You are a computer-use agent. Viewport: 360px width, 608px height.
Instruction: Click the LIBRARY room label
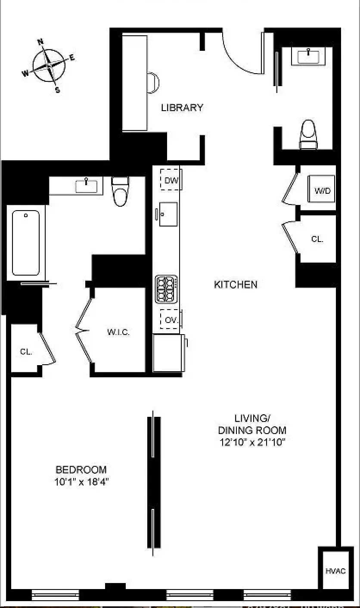pyautogui.click(x=182, y=108)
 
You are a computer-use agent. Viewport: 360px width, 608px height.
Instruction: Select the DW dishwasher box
pyautogui.click(x=171, y=180)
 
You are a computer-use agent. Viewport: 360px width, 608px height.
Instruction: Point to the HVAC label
pyautogui.click(x=335, y=571)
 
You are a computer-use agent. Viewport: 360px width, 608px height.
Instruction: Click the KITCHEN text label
pyautogui.click(x=236, y=285)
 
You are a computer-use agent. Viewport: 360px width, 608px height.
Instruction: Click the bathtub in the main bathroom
pyautogui.click(x=26, y=242)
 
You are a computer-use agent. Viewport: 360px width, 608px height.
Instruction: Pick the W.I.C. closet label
pyautogui.click(x=118, y=332)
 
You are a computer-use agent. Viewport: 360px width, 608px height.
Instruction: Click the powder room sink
pyautogui.click(x=308, y=56)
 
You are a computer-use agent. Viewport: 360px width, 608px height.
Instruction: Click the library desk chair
pyautogui.click(x=153, y=83)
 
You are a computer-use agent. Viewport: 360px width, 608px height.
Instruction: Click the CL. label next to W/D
pyautogui.click(x=317, y=239)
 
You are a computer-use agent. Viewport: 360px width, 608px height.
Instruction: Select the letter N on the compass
pyautogui.click(x=40, y=42)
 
